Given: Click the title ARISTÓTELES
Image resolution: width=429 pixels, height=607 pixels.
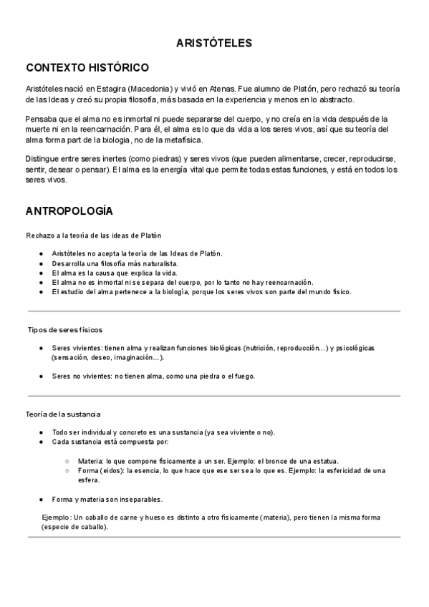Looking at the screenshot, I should pyautogui.click(x=214, y=43).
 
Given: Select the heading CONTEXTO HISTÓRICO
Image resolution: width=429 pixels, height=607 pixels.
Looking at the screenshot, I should pyautogui.click(x=87, y=68).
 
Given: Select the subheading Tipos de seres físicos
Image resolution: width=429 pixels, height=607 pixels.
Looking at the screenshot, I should pyautogui.click(x=65, y=330).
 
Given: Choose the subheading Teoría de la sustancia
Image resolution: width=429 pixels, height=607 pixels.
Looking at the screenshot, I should pyautogui.click(x=64, y=414).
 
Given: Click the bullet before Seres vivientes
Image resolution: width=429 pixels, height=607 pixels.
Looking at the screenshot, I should pyautogui.click(x=42, y=348).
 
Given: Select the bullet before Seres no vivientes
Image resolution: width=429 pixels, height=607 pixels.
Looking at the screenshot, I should pyautogui.click(x=42, y=376).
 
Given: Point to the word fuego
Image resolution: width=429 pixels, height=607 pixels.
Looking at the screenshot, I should pyautogui.click(x=243, y=376).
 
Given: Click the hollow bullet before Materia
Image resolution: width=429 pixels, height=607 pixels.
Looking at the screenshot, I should pyautogui.click(x=67, y=461).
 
